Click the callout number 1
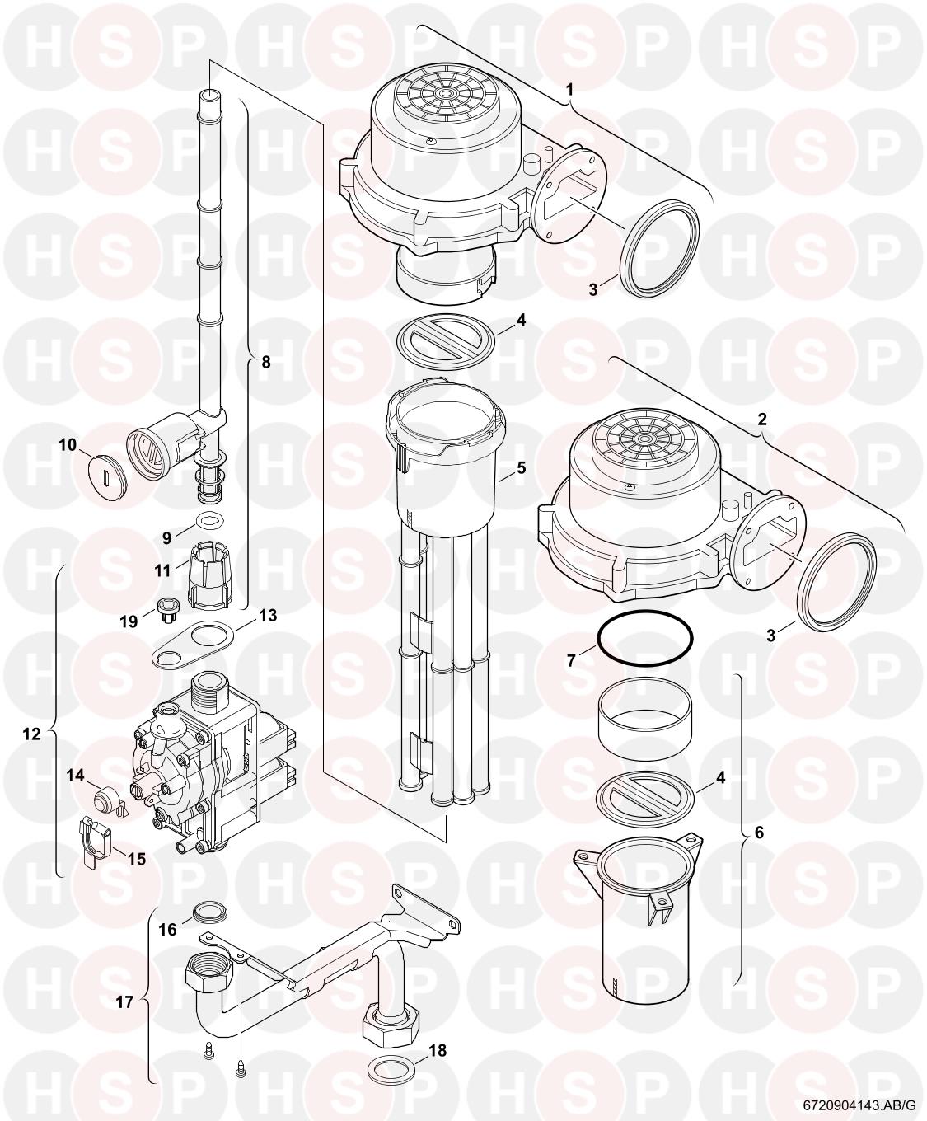(569, 90)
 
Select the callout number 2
(761, 420)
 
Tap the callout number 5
(522, 467)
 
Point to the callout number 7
(571, 660)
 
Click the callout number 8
(266, 363)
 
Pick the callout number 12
(32, 734)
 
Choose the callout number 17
(124, 1001)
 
